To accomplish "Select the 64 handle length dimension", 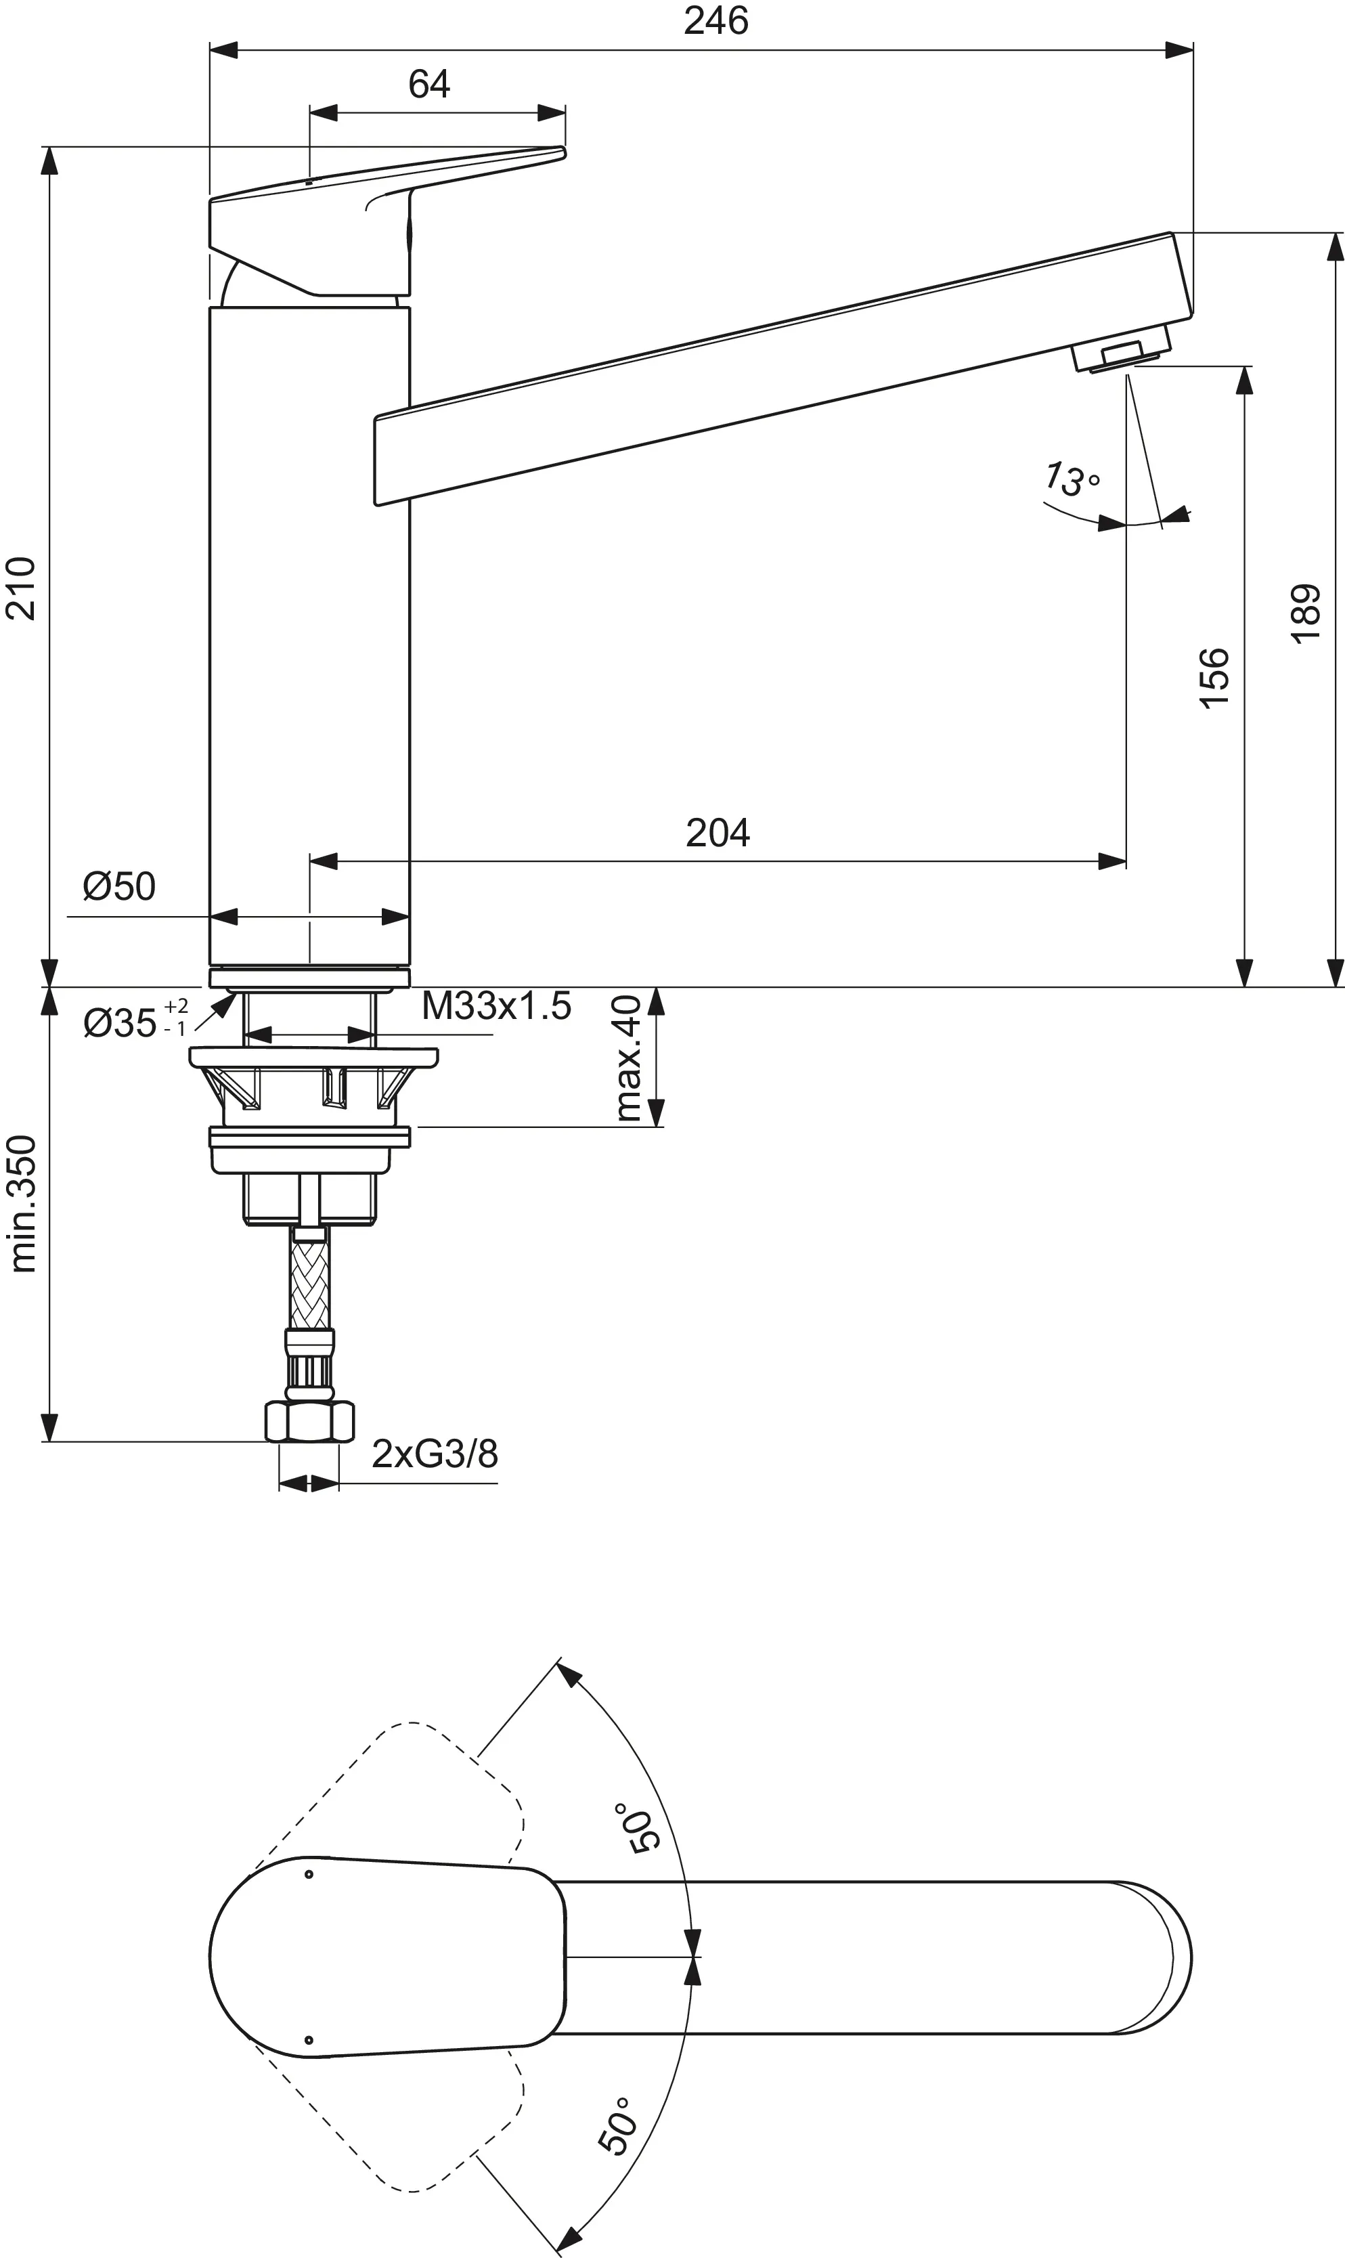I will coord(428,85).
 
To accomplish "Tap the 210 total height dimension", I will coord(21,588).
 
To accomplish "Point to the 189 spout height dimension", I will coord(1306,613).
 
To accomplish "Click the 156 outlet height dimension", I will coord(1214,678).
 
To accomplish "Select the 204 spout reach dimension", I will coord(717,833).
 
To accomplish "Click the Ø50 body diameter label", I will coord(118,886).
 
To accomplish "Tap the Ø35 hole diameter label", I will coord(135,1022).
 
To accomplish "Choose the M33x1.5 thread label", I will coord(495,1006).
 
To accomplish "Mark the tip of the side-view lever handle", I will coord(561,152).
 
